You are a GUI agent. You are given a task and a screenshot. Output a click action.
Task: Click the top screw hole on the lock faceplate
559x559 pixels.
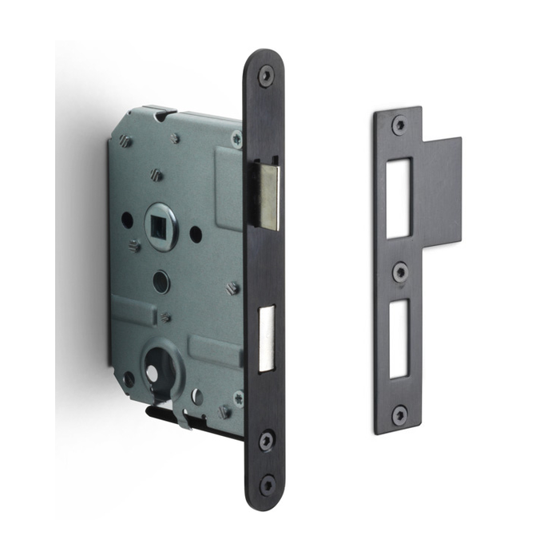265,76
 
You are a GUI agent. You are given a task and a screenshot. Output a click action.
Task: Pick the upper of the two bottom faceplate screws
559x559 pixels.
267,439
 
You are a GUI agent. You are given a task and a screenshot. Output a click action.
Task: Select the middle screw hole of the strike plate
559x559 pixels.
400,272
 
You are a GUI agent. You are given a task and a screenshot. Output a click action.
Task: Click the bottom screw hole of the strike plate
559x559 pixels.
399,414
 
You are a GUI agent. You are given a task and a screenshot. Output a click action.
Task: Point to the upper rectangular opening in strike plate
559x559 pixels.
398,198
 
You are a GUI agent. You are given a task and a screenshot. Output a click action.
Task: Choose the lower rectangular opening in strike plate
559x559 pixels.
400,339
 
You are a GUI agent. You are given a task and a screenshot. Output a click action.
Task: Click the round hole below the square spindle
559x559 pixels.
161,281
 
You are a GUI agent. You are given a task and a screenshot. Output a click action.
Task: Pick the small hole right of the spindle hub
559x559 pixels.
196,235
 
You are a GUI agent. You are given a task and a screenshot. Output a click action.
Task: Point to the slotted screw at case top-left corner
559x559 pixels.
125,141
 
